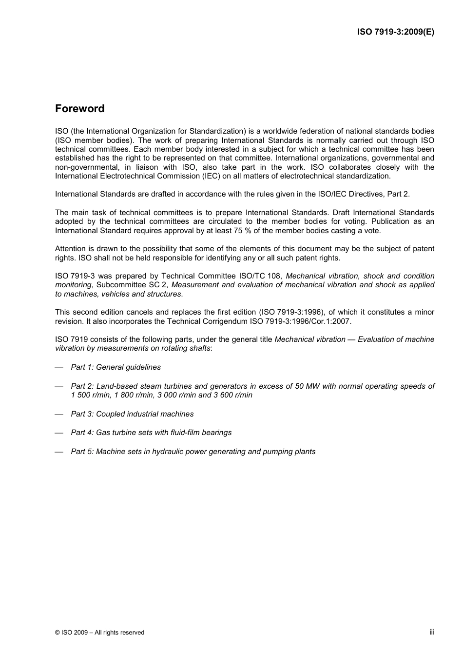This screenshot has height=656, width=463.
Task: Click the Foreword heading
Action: [x=79, y=109]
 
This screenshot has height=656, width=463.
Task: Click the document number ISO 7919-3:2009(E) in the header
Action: [x=395, y=32]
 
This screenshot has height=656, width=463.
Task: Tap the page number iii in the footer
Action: [x=432, y=632]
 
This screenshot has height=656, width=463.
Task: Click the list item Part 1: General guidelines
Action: [x=116, y=367]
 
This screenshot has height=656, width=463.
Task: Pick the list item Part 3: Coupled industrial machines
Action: [x=132, y=414]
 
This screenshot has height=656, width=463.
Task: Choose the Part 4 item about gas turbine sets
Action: [x=151, y=433]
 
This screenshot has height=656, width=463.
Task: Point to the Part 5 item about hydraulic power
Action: [x=193, y=452]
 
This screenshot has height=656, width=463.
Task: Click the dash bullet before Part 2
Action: [x=59, y=387]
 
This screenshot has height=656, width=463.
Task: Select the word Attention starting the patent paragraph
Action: [x=70, y=249]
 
